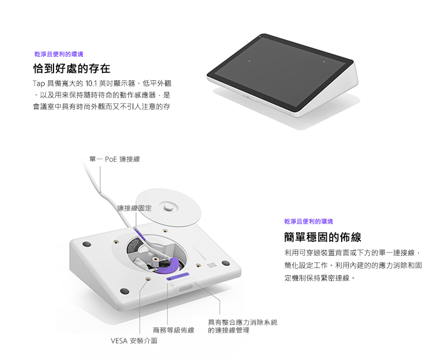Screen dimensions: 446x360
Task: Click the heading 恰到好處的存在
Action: click(x=72, y=69)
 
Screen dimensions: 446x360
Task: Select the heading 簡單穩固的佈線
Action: click(x=323, y=237)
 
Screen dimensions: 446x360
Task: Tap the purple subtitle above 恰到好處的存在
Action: click(x=59, y=54)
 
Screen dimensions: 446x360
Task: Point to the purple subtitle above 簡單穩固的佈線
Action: click(x=308, y=221)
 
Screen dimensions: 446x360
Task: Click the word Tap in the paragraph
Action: click(x=38, y=84)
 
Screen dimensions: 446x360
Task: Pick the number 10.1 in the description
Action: click(x=91, y=84)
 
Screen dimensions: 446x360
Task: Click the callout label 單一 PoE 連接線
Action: click(x=114, y=159)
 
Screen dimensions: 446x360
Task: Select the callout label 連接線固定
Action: click(x=134, y=208)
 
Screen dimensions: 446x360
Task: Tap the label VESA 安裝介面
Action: click(x=134, y=340)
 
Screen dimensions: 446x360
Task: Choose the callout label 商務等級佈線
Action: click(x=173, y=330)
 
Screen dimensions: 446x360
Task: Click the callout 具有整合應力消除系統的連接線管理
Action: click(x=243, y=326)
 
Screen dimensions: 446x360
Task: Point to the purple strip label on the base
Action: click(x=177, y=276)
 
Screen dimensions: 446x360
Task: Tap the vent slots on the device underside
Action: click(x=211, y=265)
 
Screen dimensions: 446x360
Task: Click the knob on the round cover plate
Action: click(x=168, y=206)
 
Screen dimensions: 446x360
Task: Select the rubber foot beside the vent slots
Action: click(x=226, y=263)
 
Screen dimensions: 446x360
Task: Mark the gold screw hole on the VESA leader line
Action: click(x=147, y=280)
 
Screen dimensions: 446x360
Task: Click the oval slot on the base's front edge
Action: click(x=186, y=288)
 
